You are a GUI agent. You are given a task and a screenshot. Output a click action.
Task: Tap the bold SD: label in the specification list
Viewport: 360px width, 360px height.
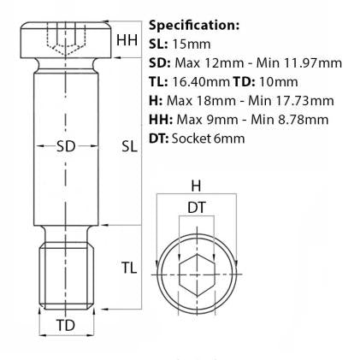[x=159, y=62]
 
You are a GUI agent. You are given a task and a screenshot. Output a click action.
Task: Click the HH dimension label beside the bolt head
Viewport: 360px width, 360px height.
[x=127, y=40]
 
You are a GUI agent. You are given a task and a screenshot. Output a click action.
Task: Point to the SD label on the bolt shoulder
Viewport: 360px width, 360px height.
[x=66, y=146]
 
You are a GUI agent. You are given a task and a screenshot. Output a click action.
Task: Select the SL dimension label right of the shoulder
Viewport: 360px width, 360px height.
[x=129, y=146]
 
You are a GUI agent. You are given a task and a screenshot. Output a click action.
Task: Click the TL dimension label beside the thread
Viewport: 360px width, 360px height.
[x=128, y=269]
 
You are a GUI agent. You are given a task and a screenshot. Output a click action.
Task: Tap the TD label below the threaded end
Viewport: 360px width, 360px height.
[x=65, y=326]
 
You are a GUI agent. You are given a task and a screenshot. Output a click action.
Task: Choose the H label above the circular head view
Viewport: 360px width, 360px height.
[x=196, y=186]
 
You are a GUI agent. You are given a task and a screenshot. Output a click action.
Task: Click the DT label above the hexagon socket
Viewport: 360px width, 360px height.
[x=196, y=206]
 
